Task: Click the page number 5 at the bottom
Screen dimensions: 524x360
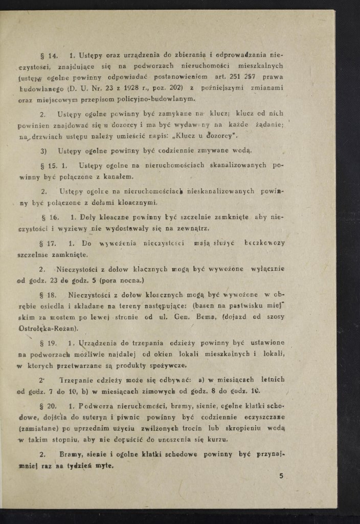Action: point(281,476)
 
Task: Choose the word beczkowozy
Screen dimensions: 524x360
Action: point(265,244)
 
